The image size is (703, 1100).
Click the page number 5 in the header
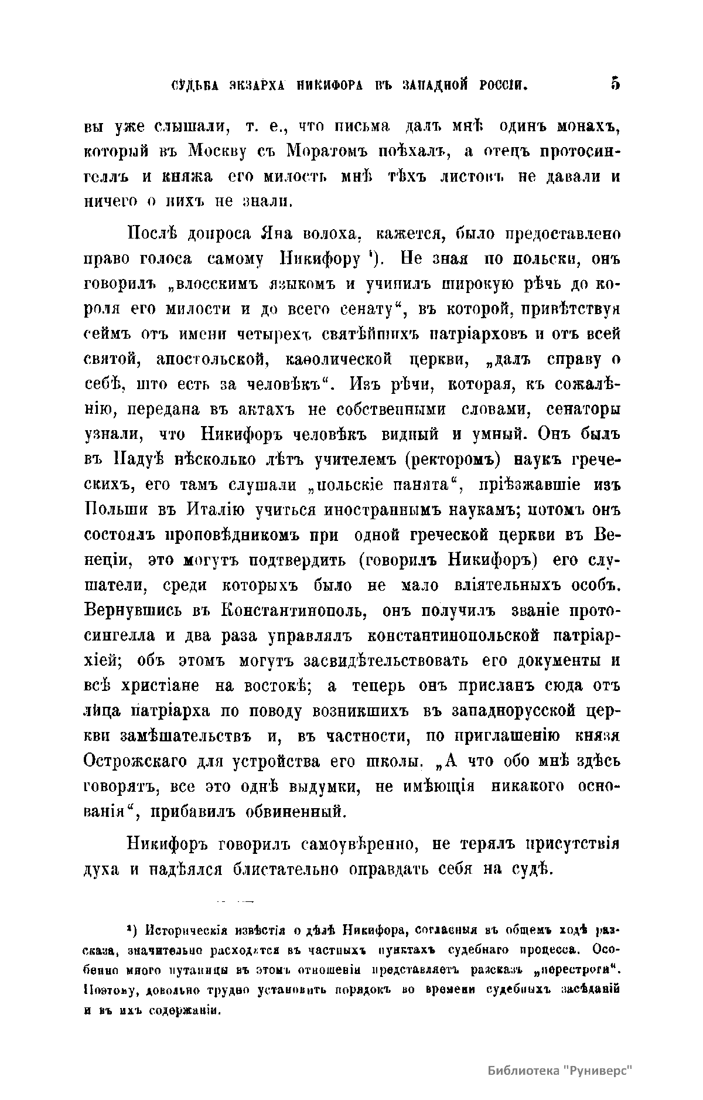tap(615, 84)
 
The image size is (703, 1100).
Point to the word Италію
tap(211, 510)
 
